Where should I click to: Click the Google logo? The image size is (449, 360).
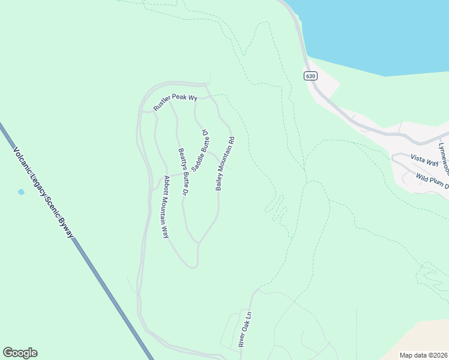pyautogui.click(x=20, y=353)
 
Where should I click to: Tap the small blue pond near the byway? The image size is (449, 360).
pyautogui.click(x=21, y=192)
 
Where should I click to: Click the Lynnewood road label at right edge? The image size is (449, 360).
pyautogui.click(x=444, y=153)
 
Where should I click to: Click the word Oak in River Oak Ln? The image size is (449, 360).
pyautogui.click(x=244, y=329)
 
